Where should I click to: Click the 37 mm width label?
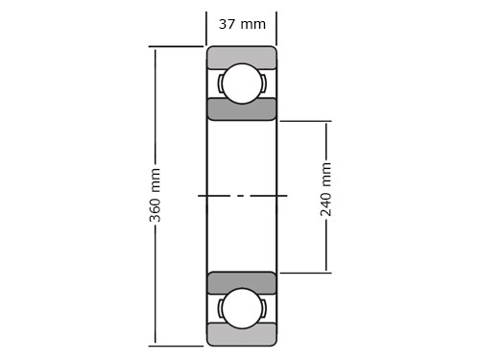242,24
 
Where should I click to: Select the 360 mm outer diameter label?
156,195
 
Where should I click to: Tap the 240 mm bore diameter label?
326,189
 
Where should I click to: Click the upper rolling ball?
242,84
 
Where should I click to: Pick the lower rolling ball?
242,308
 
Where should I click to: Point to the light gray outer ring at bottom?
242,336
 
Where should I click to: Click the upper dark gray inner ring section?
242,109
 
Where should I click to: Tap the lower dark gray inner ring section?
242,282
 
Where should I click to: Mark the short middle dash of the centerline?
240,196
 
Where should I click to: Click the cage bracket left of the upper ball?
220,84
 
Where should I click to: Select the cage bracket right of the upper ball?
264,84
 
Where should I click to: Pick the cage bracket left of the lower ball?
220,308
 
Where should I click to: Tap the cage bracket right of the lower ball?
264,308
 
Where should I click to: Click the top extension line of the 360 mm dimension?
176,46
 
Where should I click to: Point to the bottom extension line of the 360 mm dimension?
176,346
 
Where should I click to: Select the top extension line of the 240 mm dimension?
305,121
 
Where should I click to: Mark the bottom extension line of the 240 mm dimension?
305,273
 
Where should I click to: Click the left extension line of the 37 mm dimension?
206,28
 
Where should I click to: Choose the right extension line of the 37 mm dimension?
276,28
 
